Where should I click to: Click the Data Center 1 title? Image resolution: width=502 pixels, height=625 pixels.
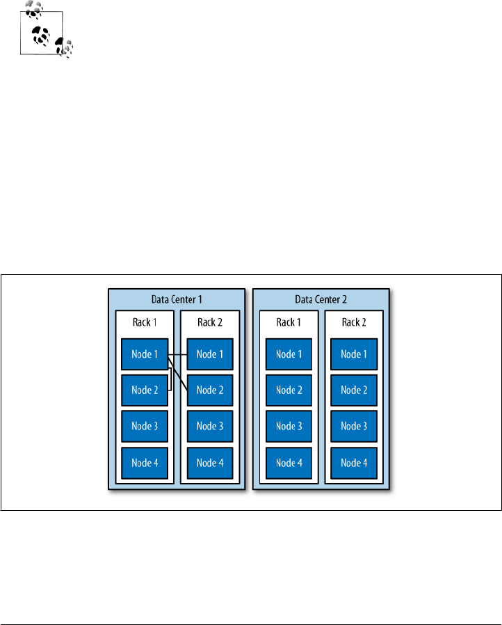point(177,299)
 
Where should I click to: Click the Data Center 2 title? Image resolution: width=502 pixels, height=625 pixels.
point(321,299)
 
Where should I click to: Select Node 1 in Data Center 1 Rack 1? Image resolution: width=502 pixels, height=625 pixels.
point(145,354)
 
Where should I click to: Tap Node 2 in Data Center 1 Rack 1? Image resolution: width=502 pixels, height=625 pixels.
point(145,390)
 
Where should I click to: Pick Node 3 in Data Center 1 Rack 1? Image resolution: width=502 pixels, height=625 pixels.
point(145,426)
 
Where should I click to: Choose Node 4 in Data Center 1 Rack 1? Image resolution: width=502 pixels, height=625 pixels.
point(145,463)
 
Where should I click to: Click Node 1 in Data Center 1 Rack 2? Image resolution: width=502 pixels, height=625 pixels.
point(210,354)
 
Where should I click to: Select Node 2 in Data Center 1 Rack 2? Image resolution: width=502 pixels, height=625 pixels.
point(210,390)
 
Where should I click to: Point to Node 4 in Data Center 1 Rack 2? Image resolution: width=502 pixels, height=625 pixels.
point(210,463)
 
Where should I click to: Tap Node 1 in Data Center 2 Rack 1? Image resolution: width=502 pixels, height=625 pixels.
point(289,354)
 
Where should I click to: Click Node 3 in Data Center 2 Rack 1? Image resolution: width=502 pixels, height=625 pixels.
point(289,426)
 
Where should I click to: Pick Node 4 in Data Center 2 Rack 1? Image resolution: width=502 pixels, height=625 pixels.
point(289,463)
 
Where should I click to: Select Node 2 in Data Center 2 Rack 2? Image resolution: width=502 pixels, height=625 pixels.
point(354,390)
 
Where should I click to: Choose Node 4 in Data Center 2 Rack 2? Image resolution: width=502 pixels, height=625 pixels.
point(354,463)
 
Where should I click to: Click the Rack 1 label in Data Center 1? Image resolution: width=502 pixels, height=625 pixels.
point(145,322)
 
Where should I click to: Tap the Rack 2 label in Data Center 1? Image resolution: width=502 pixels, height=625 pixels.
point(210,322)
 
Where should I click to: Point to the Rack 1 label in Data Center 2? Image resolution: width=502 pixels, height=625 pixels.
point(289,322)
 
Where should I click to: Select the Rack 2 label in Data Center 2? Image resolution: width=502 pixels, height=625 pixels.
point(354,322)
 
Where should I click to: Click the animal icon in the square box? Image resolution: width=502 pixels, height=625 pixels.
point(42,32)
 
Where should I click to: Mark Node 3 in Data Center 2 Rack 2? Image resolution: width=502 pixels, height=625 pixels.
point(354,426)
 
